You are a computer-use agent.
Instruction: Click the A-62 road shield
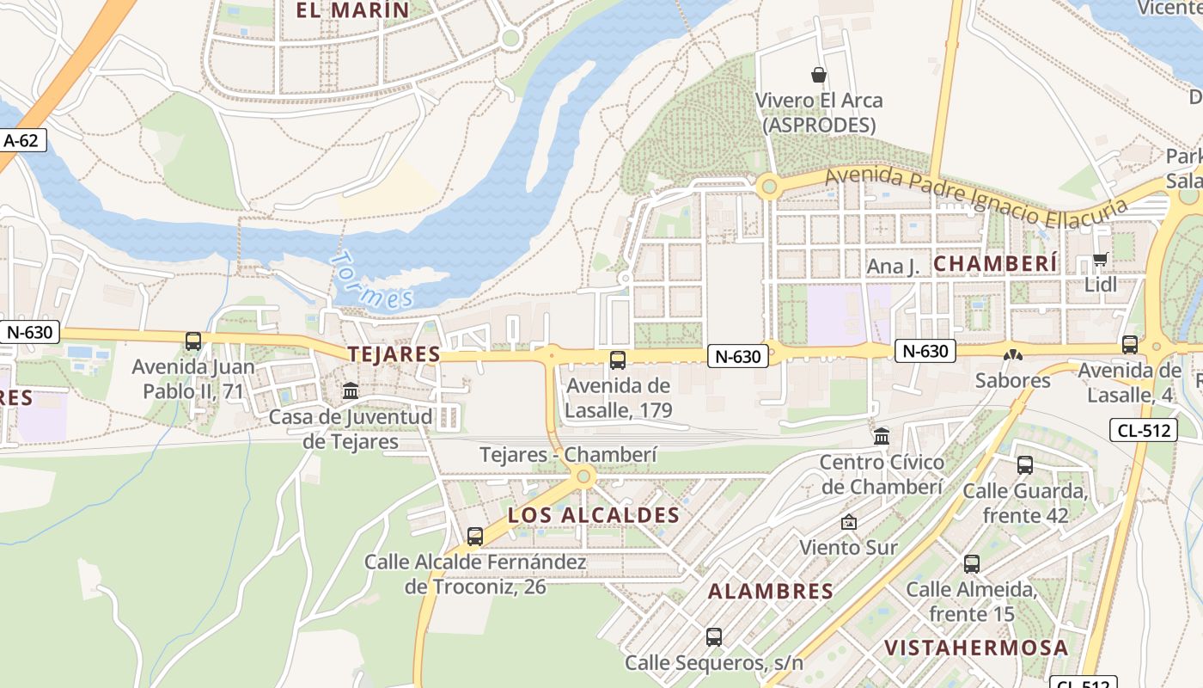(21, 140)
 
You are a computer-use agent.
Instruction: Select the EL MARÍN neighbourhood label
(352, 10)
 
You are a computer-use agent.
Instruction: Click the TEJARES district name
(394, 354)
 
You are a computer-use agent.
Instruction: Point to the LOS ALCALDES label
(594, 515)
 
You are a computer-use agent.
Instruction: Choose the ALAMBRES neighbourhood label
(771, 592)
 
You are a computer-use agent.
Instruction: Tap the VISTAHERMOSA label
(976, 648)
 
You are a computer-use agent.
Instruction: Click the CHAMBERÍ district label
(995, 264)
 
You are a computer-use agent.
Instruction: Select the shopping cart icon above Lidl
(1100, 259)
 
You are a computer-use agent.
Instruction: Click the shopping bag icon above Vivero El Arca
(819, 75)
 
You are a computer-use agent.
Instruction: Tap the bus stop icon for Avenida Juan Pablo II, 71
(193, 341)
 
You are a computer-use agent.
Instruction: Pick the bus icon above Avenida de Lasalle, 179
(617, 360)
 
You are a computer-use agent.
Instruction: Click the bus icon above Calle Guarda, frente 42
(1024, 465)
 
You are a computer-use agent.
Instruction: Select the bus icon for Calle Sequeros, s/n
(713, 637)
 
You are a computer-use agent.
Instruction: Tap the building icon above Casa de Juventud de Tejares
(351, 391)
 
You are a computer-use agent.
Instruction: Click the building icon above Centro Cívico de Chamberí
(882, 437)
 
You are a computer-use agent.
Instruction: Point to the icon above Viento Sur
(848, 522)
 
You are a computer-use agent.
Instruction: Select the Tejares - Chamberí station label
(568, 455)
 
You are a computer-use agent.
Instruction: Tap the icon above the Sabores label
(1013, 354)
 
